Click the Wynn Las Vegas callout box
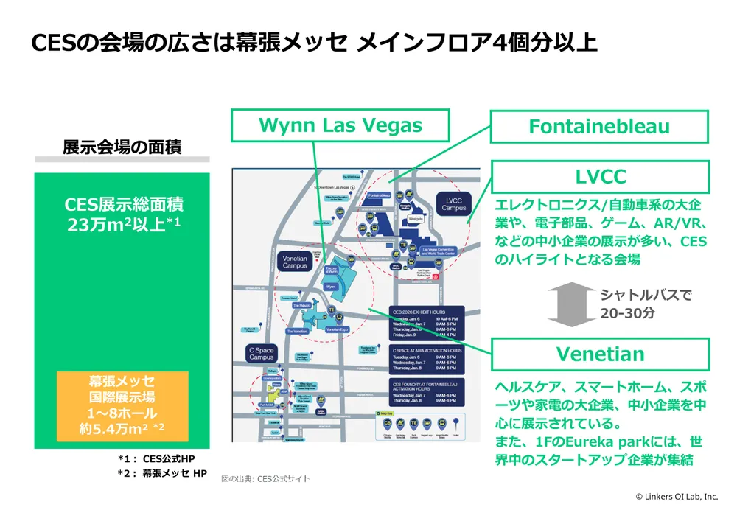(x=340, y=125)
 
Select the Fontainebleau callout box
(x=599, y=126)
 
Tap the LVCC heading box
(x=600, y=177)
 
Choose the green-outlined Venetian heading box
(x=600, y=354)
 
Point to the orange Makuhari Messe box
(x=122, y=406)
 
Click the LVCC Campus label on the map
(x=455, y=203)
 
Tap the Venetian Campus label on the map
(x=295, y=262)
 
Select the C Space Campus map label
(x=262, y=353)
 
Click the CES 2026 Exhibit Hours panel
(x=427, y=321)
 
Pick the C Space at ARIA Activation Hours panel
(x=427, y=358)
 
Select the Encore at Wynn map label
(x=331, y=270)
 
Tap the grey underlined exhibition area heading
(x=122, y=147)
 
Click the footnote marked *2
(x=162, y=473)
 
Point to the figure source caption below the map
(x=266, y=479)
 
